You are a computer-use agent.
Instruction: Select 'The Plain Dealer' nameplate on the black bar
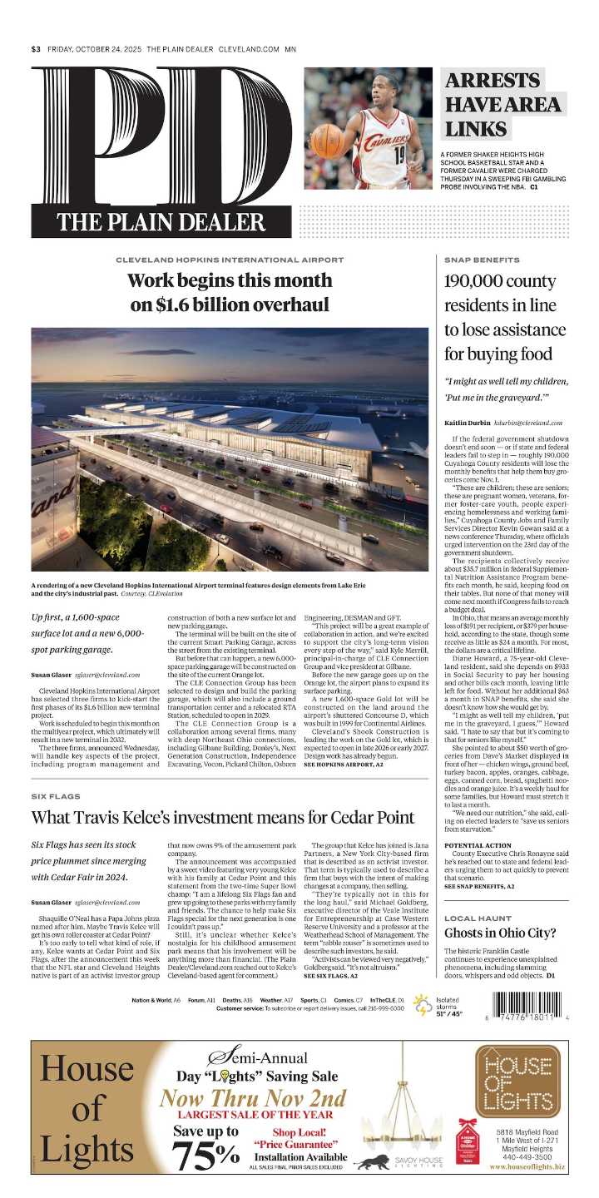(x=161, y=222)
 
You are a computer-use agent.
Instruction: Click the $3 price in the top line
(x=36, y=49)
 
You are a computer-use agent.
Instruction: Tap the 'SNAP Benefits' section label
(x=482, y=260)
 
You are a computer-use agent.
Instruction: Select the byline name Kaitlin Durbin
(x=468, y=423)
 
